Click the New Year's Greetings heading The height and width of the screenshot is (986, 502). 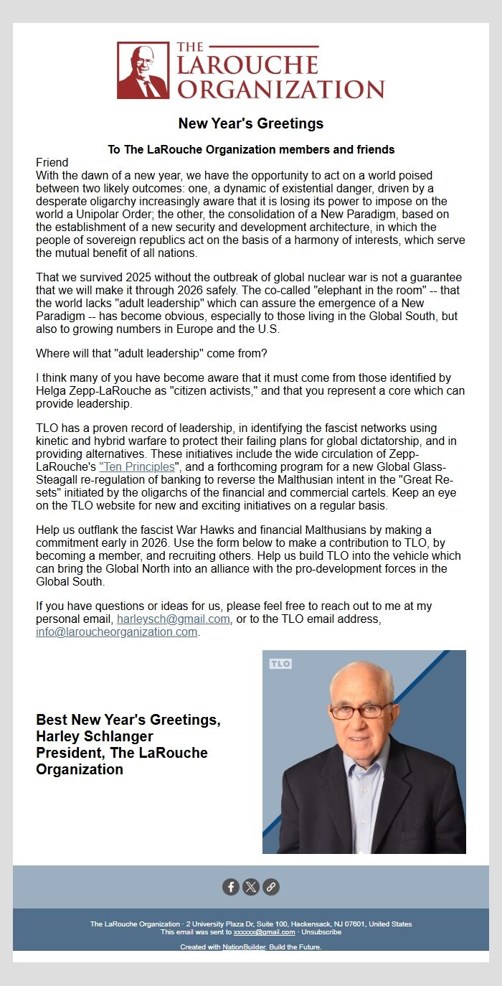click(x=250, y=123)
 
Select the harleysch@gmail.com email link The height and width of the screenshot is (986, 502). click(x=173, y=619)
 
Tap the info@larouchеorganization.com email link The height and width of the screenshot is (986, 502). click(x=116, y=632)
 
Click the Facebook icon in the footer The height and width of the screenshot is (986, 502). click(x=231, y=887)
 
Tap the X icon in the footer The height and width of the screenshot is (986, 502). click(x=250, y=887)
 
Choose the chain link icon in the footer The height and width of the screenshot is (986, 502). click(x=270, y=887)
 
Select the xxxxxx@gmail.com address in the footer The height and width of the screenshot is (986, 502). click(x=264, y=932)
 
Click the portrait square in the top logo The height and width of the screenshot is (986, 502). click(x=143, y=70)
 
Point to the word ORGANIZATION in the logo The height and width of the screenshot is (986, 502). click(x=280, y=89)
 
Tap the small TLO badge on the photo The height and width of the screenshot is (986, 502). click(x=280, y=664)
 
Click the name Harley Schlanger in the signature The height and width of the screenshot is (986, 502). click(x=95, y=736)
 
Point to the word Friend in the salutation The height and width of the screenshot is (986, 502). click(x=52, y=162)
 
